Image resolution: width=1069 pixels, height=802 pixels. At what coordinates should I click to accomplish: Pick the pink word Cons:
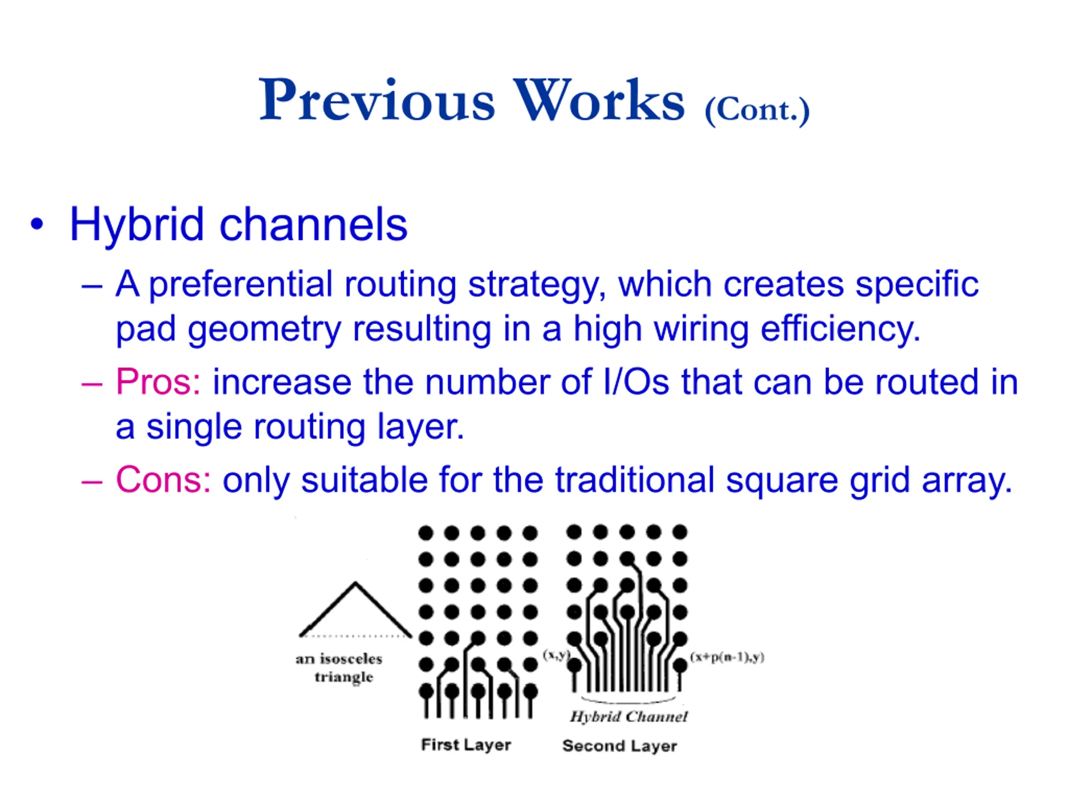[163, 480]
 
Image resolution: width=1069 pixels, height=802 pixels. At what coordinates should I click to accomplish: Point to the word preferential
[240, 285]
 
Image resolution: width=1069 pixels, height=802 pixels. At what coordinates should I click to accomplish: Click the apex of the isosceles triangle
[355, 583]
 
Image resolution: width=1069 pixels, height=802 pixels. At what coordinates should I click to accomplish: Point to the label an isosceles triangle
[339, 667]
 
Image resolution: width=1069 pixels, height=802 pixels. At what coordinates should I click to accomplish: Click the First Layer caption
[466, 745]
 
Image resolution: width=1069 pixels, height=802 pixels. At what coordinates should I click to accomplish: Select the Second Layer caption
[620, 746]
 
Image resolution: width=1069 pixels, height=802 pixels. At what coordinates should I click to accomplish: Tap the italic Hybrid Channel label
[628, 716]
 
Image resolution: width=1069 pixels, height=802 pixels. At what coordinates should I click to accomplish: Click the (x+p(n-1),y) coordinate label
[727, 657]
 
